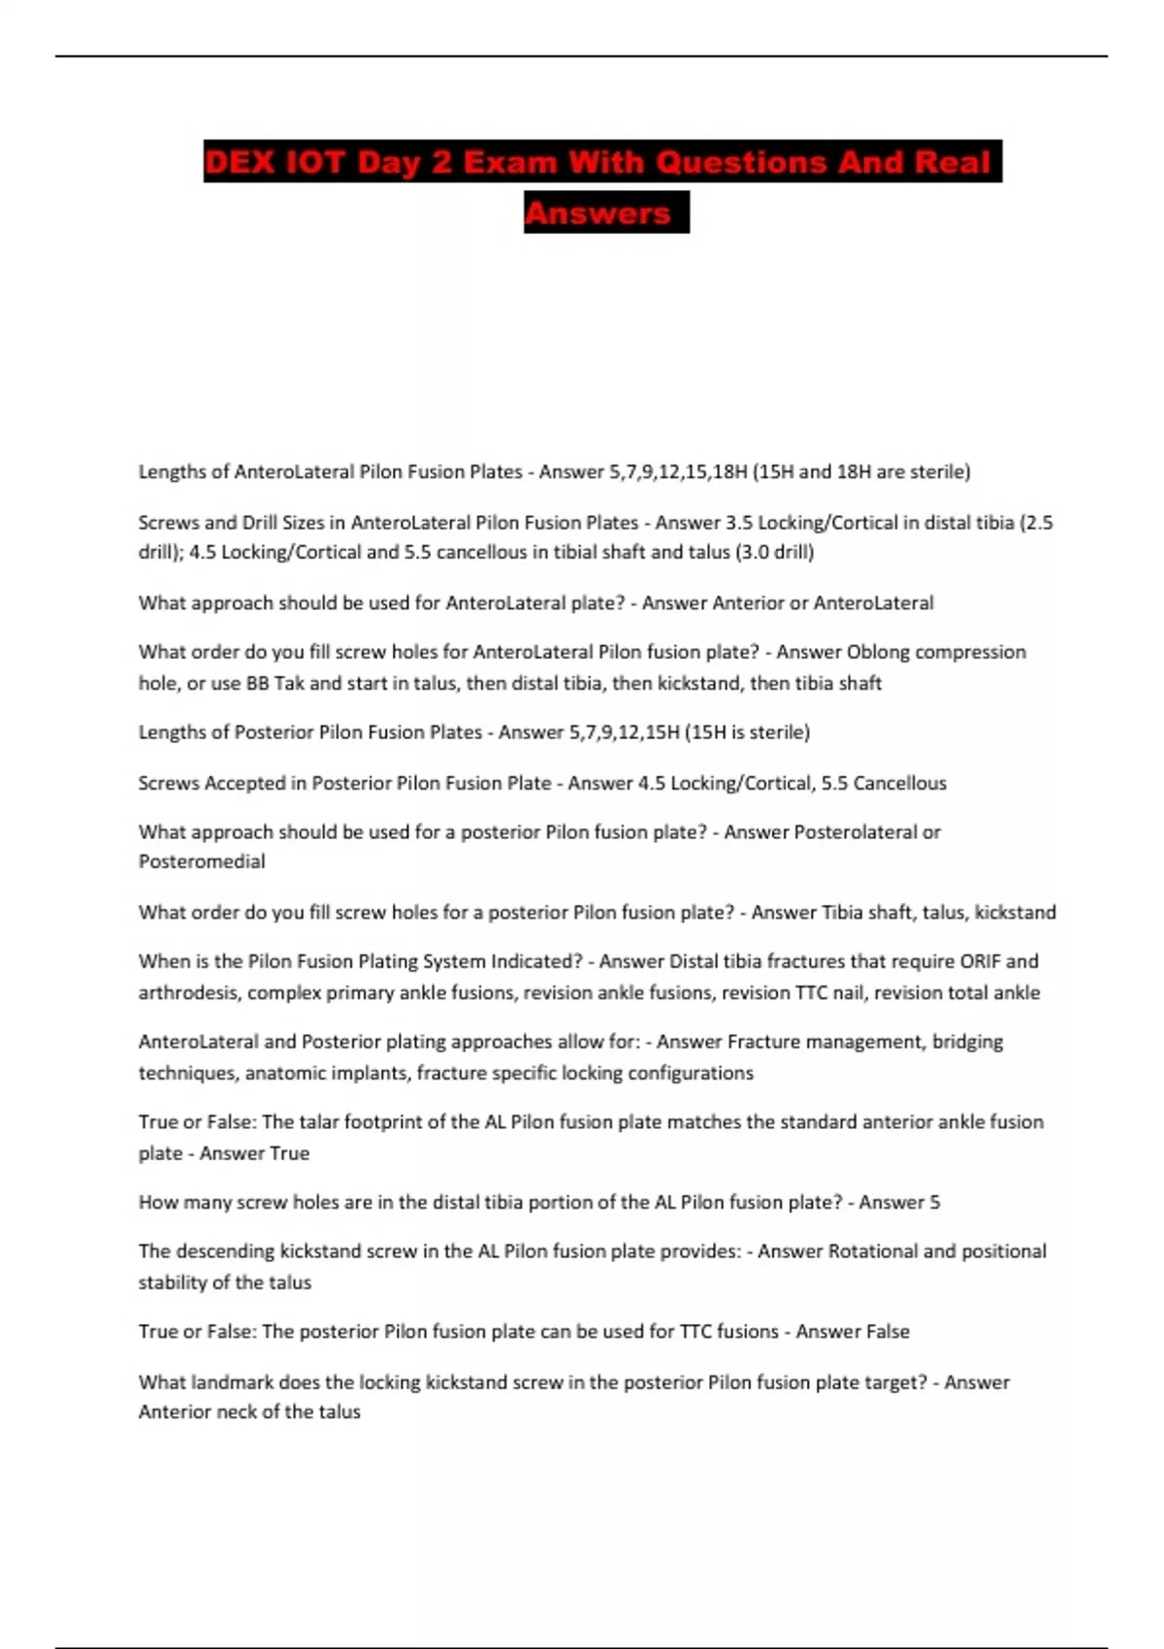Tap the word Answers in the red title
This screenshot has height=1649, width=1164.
click(598, 213)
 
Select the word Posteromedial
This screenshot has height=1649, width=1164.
click(202, 861)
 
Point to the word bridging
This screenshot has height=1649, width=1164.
click(967, 1042)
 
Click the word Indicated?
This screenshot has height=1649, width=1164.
click(536, 961)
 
